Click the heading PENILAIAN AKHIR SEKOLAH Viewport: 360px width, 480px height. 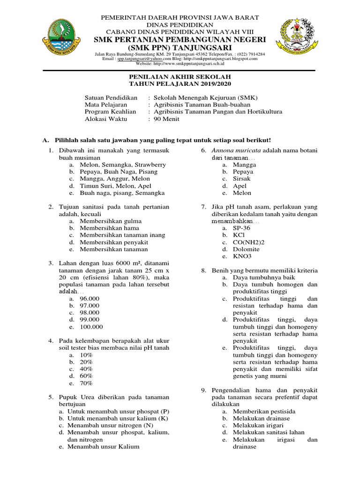point(180,76)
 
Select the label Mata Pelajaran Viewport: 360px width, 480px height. point(106,105)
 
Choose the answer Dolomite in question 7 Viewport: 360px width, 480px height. point(246,249)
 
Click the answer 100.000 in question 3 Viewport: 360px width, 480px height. point(91,327)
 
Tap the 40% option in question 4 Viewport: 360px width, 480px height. point(86,369)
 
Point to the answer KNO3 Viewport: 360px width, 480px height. point(242,256)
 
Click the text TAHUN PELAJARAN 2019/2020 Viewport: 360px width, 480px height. point(180,83)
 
